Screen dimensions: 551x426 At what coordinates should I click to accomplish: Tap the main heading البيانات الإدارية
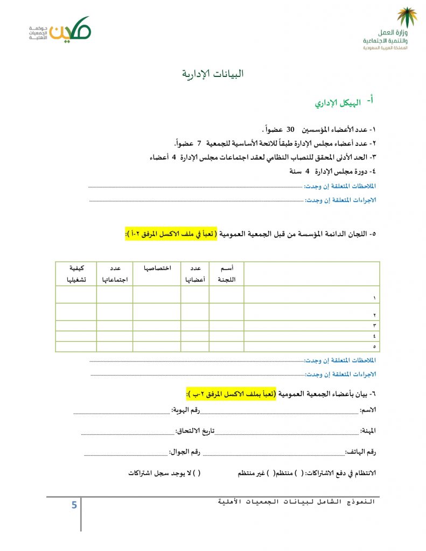point(212,74)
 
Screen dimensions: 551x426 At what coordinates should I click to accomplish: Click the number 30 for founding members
point(290,130)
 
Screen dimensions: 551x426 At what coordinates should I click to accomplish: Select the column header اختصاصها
point(157,267)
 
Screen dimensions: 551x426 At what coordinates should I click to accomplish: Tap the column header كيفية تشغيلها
point(76,273)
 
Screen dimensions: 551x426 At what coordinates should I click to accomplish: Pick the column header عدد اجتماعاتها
point(115,273)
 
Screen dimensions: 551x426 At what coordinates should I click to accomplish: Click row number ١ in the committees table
point(374,298)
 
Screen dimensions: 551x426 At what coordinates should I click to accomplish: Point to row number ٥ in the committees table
point(374,347)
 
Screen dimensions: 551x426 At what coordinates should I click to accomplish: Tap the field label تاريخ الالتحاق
point(195,431)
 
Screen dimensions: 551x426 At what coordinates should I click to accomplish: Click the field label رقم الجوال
point(184,451)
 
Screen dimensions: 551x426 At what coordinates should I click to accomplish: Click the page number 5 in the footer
point(74,505)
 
